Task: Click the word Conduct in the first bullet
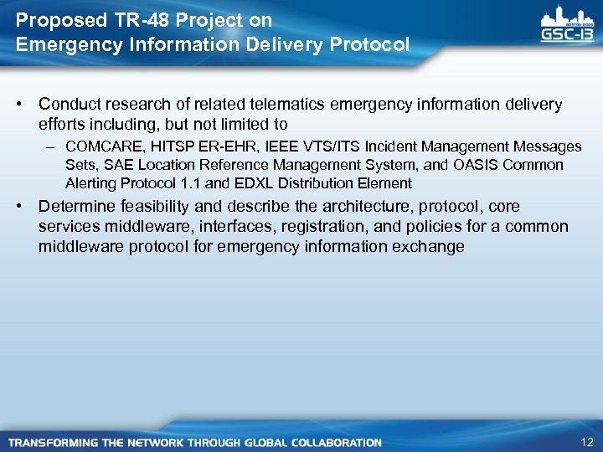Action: (67, 105)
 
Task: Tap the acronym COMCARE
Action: (103, 147)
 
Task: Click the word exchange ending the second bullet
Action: (430, 247)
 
